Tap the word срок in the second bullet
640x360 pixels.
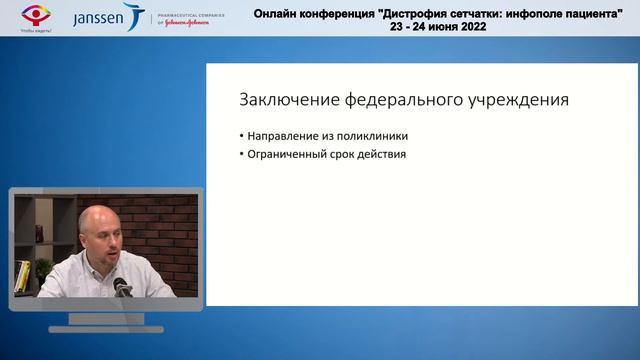[345, 155]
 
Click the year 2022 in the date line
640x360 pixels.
[470, 28]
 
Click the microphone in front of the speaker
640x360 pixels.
[122, 287]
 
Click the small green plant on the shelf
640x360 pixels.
[43, 268]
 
